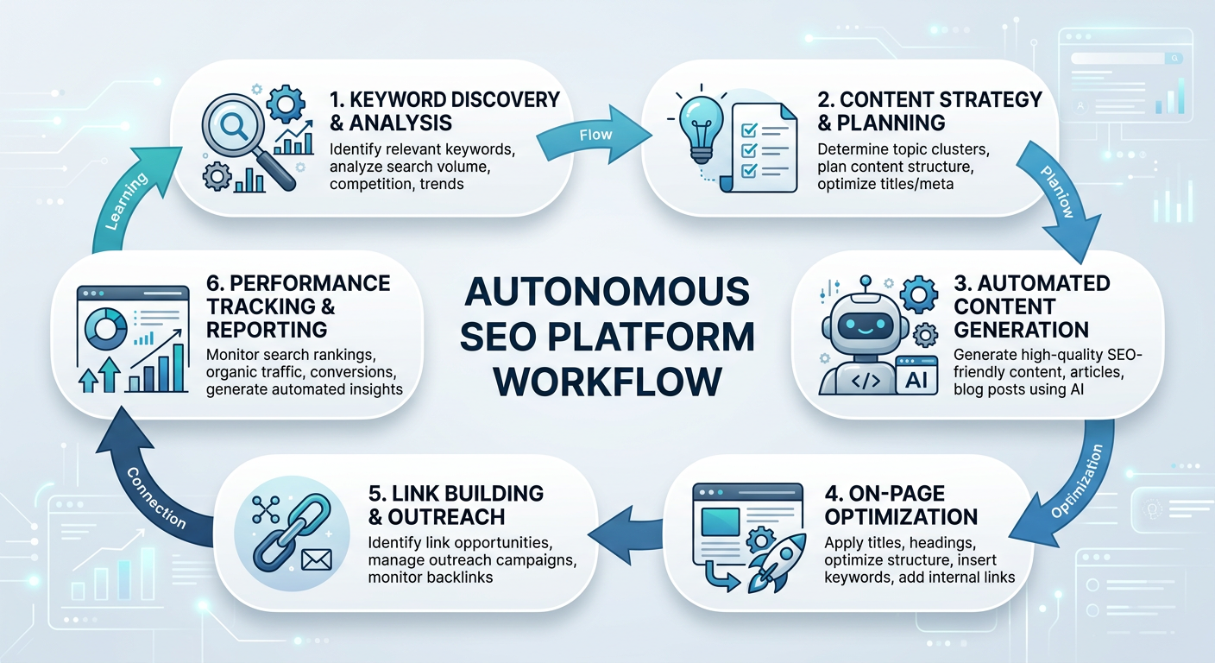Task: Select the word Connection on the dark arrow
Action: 155,498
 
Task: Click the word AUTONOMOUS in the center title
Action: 607,293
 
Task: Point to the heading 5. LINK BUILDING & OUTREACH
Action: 456,505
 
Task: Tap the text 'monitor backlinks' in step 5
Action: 430,576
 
